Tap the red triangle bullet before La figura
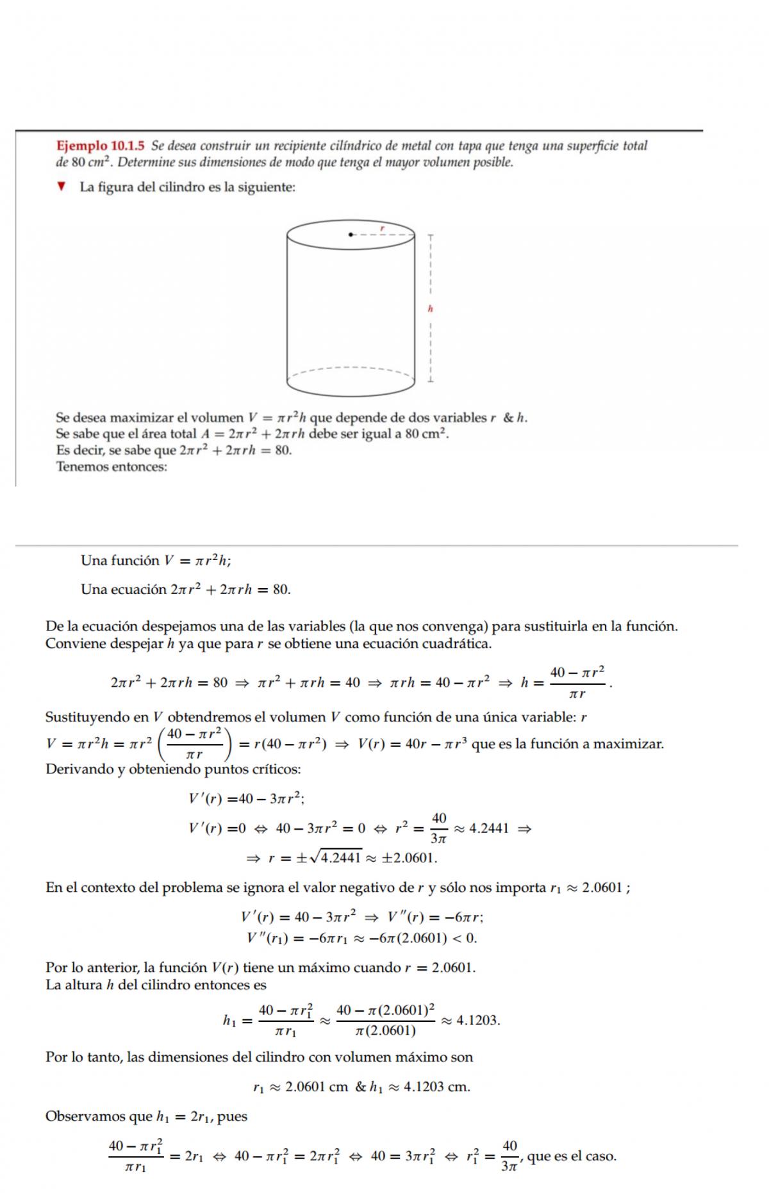point(62,187)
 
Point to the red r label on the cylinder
point(383,227)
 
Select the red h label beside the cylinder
point(431,309)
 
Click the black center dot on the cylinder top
point(350,234)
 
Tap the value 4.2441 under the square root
point(341,858)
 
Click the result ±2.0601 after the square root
point(409,858)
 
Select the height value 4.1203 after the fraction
point(477,1021)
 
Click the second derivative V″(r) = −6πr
point(435,917)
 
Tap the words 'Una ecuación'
point(123,589)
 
